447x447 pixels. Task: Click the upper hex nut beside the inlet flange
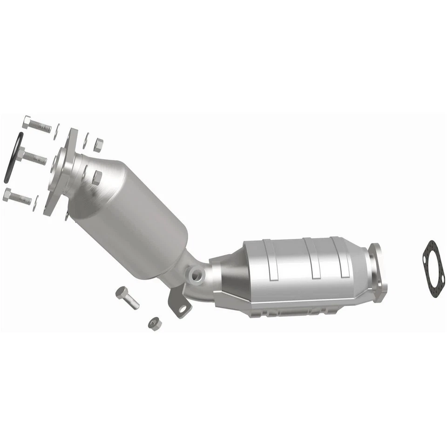tap(98, 145)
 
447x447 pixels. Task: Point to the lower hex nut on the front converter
tap(96, 177)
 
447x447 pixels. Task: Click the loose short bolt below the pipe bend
tap(127, 298)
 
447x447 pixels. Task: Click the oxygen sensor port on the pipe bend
tap(196, 273)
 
